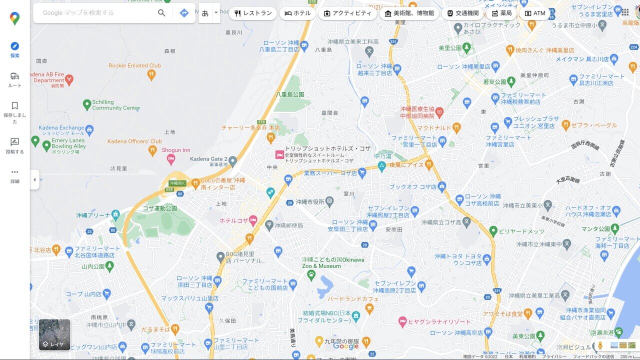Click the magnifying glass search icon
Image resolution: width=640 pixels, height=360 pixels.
[x=161, y=13]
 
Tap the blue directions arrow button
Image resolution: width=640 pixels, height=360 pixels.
[x=184, y=13]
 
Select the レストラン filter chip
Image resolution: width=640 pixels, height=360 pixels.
[x=253, y=13]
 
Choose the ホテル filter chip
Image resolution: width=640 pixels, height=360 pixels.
[x=297, y=13]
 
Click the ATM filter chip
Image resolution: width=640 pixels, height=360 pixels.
[x=534, y=13]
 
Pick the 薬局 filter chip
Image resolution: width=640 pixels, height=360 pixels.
[x=501, y=13]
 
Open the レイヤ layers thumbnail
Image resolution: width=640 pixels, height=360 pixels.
[x=54, y=334]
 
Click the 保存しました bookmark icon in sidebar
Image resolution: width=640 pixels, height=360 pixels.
[x=14, y=105]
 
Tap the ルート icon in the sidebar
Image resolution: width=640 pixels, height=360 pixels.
[x=14, y=76]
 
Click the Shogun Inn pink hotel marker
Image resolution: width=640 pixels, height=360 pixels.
[x=170, y=159]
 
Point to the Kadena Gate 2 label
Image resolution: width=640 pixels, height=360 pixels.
[x=208, y=159]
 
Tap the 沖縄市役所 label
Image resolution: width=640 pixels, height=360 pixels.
[x=309, y=202]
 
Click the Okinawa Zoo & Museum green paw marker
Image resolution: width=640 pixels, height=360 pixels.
[x=311, y=274]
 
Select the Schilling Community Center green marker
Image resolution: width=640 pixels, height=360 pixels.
[x=87, y=104]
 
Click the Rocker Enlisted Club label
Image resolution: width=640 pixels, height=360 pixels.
[x=134, y=65]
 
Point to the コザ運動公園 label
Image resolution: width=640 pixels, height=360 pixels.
[x=160, y=208]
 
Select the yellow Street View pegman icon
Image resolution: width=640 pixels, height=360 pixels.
[x=600, y=345]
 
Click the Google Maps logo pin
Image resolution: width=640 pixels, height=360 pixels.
[x=14, y=18]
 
